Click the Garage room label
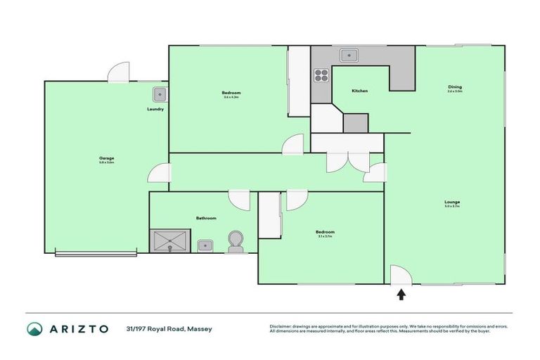106,158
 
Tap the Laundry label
156,109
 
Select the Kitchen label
359,91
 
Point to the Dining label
455,87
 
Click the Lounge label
452,202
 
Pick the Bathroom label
206,218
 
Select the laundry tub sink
159,94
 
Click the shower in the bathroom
169,240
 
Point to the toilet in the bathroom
235,241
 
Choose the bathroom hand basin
205,245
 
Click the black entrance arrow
401,295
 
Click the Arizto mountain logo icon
34,329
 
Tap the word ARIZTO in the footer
78,329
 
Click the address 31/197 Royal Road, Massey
169,329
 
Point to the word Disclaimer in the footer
281,326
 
